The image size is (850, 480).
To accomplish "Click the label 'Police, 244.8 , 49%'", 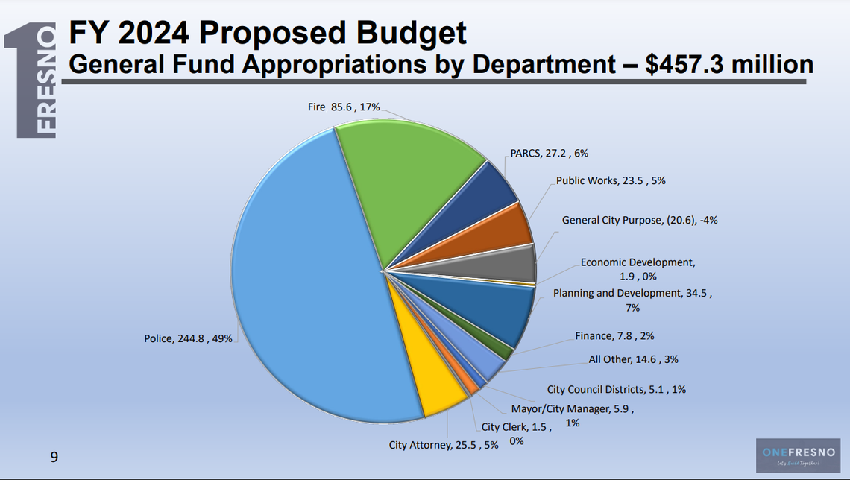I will [x=188, y=339].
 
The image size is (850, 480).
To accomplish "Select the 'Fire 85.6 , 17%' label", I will [x=344, y=107].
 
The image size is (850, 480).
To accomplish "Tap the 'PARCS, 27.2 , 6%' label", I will [x=550, y=153].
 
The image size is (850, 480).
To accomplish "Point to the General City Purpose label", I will [x=640, y=220].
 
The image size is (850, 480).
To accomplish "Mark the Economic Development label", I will [x=637, y=269].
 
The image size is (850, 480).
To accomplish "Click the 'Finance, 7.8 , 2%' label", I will [x=614, y=336].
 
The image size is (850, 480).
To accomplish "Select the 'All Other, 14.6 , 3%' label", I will [x=633, y=359].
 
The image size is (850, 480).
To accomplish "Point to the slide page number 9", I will [x=53, y=457].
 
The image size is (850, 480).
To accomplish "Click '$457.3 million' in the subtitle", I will [x=728, y=65].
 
